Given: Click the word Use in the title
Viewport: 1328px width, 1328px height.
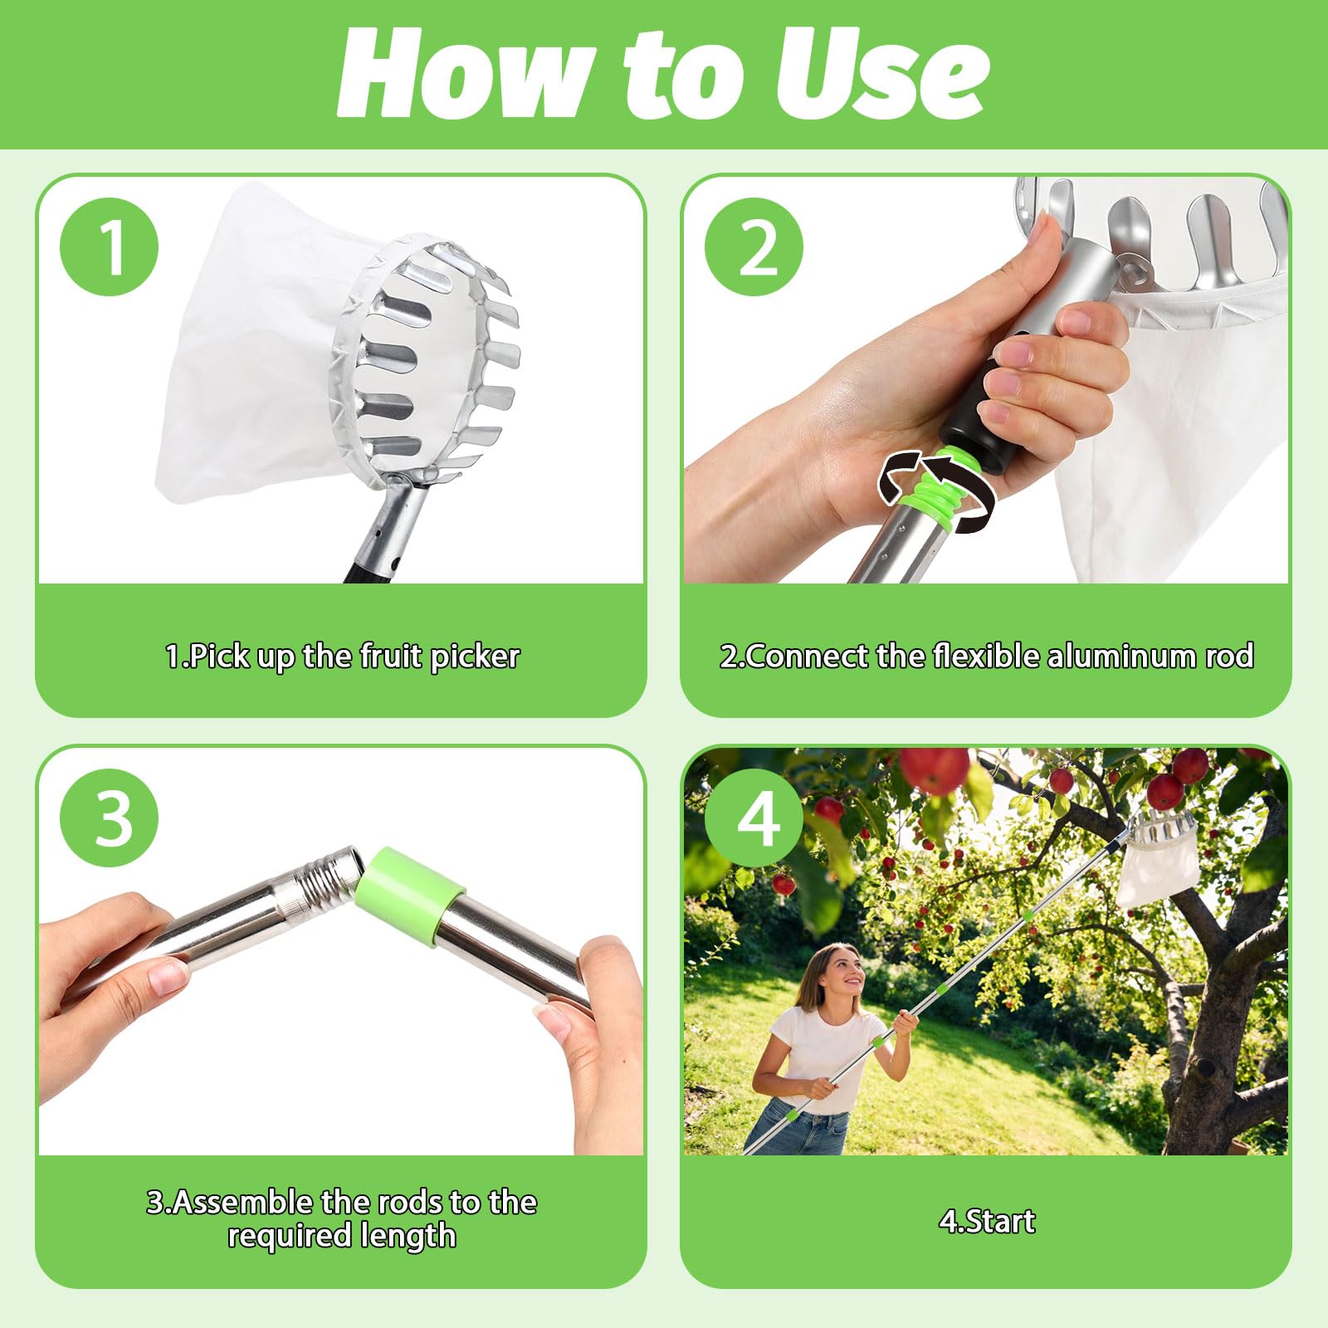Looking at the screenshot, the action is click(x=882, y=74).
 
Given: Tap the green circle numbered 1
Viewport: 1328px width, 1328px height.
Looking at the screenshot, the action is click(x=109, y=246).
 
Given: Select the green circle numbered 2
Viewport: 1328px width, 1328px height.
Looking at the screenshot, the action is click(x=754, y=247).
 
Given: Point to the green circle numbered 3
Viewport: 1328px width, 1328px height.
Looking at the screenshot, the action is click(x=109, y=818).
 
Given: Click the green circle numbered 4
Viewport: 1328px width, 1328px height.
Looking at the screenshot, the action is click(x=754, y=818).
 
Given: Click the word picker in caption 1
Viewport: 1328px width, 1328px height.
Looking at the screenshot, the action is click(x=475, y=657).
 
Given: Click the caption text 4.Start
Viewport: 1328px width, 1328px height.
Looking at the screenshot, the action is click(x=987, y=1221).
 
